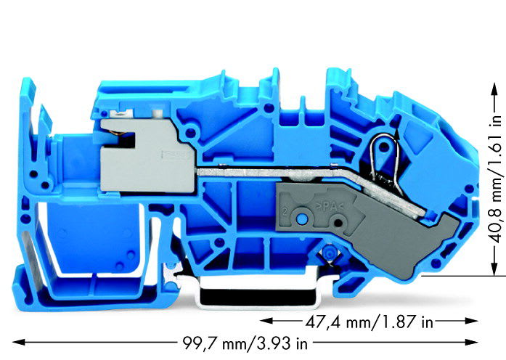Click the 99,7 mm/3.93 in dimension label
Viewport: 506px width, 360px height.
(245, 343)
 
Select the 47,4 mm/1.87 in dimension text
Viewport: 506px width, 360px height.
(370, 322)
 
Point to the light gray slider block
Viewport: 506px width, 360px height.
(147, 156)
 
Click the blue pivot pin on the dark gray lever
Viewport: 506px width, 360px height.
(302, 219)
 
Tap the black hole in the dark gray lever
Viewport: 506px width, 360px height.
(338, 223)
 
